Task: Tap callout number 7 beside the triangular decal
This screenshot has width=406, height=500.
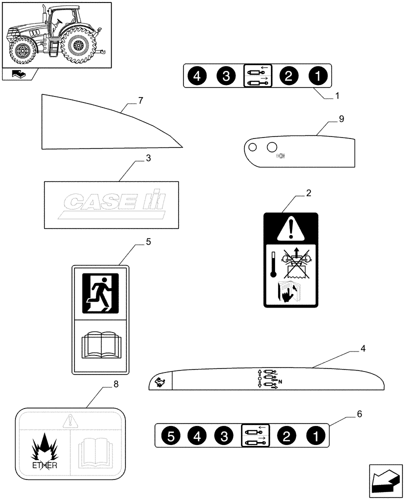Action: click(140, 100)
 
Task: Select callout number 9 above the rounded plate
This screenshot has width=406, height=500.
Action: click(341, 118)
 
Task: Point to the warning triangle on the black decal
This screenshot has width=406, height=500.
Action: click(290, 229)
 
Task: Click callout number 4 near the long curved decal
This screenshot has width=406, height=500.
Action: click(363, 348)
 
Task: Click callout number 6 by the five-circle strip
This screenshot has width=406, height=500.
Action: click(359, 414)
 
